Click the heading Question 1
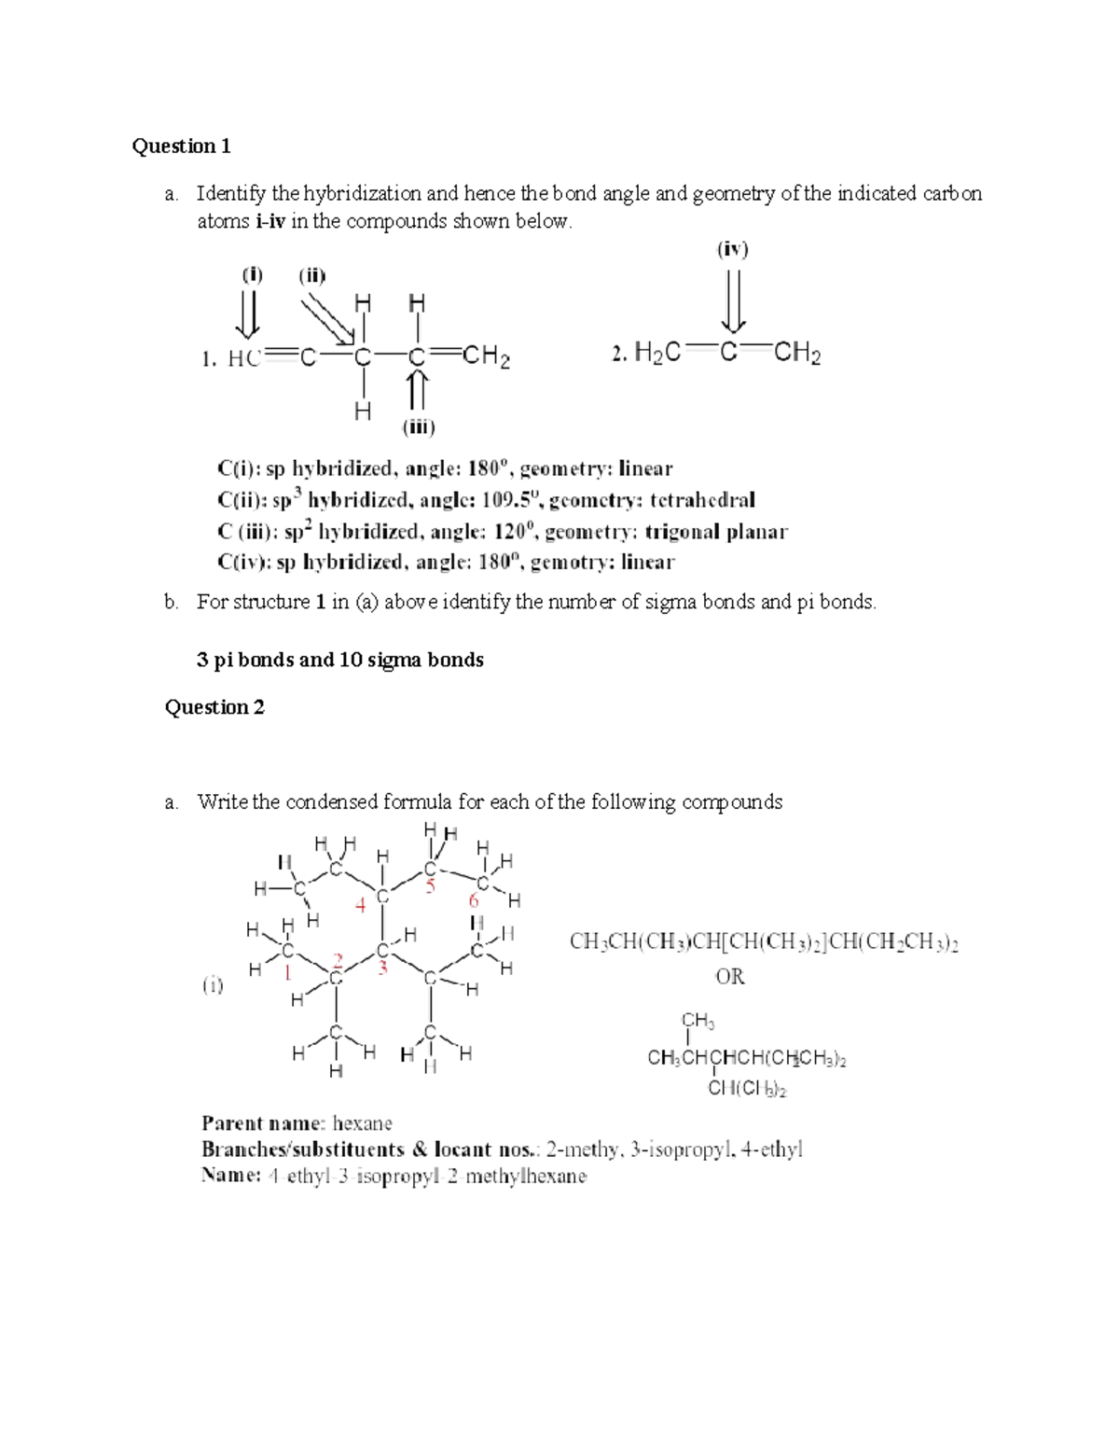(x=181, y=146)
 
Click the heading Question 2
(x=214, y=707)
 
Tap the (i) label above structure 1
(x=252, y=275)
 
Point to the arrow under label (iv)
(x=734, y=300)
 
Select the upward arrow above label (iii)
(x=418, y=390)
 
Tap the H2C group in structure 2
(x=657, y=354)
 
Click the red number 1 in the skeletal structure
(x=288, y=973)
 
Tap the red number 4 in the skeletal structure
(x=360, y=905)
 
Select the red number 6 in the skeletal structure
(x=474, y=901)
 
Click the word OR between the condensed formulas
(x=730, y=977)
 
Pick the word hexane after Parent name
(x=362, y=1123)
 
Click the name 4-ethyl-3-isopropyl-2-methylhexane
(x=427, y=1177)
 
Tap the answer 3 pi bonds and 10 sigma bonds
(x=339, y=660)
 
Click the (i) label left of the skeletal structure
(x=214, y=984)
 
